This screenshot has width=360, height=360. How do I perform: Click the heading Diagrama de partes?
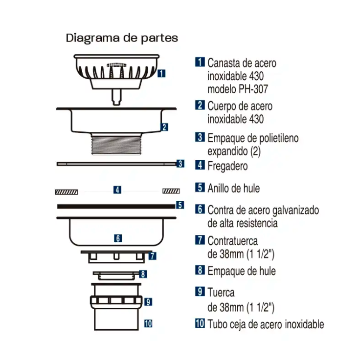122,38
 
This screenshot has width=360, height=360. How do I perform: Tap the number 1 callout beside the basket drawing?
161,73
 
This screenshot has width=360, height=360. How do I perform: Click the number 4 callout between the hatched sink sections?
117,190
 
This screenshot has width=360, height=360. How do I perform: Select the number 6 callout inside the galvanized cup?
118,238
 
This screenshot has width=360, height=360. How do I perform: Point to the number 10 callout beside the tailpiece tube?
148,323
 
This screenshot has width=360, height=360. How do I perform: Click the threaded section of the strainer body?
116,145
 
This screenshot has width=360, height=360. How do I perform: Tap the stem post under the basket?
116,97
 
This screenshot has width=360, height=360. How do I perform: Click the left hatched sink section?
67,191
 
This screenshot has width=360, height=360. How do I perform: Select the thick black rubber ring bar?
116,207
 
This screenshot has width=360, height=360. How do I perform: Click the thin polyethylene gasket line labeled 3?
117,164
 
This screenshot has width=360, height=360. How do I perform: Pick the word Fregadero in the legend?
227,166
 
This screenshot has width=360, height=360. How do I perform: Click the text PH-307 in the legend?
253,89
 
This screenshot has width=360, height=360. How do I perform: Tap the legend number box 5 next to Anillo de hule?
200,188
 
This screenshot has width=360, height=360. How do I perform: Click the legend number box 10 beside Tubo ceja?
200,323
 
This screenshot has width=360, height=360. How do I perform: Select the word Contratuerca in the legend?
232,241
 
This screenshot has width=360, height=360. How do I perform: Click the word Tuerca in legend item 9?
221,293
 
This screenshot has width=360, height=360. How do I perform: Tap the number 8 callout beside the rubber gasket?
143,274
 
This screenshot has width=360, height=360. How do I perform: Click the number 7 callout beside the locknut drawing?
153,256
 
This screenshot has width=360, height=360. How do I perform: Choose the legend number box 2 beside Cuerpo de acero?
200,105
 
